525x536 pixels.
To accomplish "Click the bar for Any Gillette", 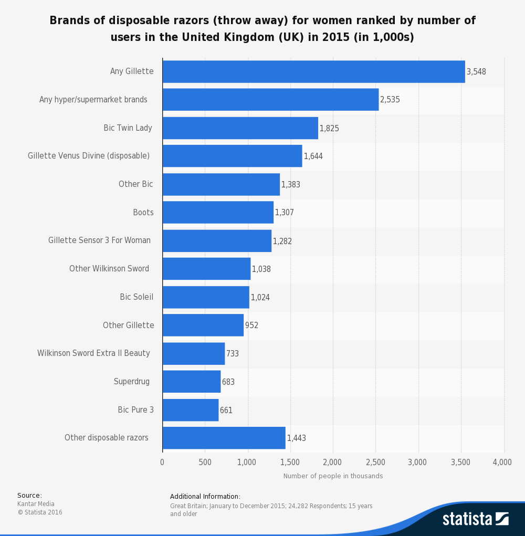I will click(x=313, y=71).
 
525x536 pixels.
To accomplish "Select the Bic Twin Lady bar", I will click(x=240, y=128).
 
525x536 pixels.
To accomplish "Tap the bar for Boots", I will click(x=218, y=212).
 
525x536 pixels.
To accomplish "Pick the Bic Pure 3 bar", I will click(x=190, y=410).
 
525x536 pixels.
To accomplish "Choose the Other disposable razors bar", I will click(x=224, y=438).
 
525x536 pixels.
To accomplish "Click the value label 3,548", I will click(x=476, y=72).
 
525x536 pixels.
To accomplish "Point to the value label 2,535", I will click(x=390, y=100).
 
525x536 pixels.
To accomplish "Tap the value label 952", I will click(x=251, y=325).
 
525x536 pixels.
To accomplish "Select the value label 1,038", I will click(x=261, y=269).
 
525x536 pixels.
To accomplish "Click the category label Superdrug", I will click(x=132, y=382).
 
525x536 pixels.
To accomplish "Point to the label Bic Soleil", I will click(x=136, y=297).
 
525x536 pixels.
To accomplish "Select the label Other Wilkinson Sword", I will click(x=109, y=269).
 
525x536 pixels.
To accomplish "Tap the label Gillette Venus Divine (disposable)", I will click(x=89, y=156).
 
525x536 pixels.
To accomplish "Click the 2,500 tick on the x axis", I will click(x=375, y=463).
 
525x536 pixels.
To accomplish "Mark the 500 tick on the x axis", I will click(x=205, y=463).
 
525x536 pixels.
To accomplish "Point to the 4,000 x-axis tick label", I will click(x=502, y=463).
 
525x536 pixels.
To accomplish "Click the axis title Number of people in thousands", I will click(x=333, y=476).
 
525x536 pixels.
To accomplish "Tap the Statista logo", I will click(x=475, y=519).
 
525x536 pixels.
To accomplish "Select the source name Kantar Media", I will click(x=36, y=504).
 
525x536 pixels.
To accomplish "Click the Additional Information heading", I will click(x=205, y=497).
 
